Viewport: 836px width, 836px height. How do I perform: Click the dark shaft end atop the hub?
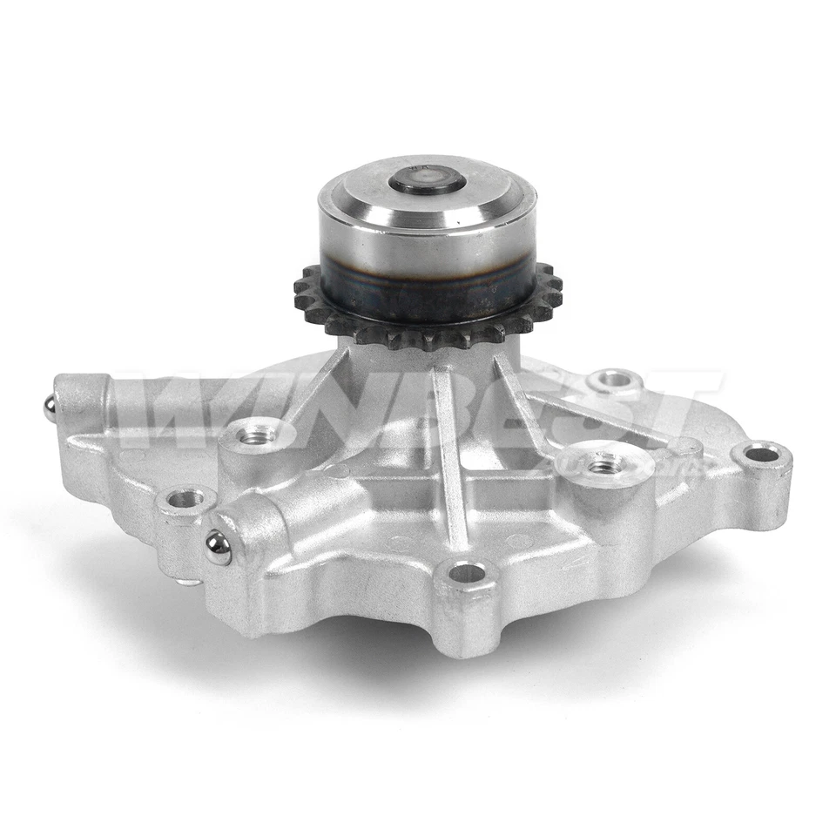[x=427, y=182]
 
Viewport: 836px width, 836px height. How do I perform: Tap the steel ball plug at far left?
[x=51, y=407]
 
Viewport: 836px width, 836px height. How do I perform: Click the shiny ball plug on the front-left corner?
[x=218, y=547]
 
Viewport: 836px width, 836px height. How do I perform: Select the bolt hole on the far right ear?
[x=762, y=454]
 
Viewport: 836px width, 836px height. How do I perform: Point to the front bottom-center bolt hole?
[x=467, y=573]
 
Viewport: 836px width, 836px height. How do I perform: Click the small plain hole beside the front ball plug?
[x=185, y=499]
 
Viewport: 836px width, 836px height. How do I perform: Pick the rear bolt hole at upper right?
[x=614, y=380]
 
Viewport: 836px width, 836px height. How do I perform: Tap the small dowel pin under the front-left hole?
[x=185, y=581]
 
